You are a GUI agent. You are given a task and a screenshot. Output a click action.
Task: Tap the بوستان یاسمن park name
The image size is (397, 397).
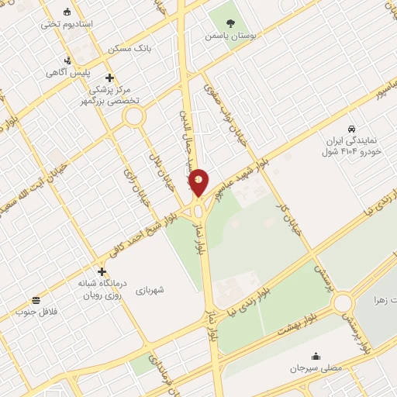click(x=230, y=36)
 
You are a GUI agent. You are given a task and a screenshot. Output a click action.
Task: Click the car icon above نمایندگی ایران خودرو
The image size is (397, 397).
click(x=352, y=128)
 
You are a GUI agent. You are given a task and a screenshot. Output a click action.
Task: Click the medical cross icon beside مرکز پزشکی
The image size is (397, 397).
click(x=109, y=78)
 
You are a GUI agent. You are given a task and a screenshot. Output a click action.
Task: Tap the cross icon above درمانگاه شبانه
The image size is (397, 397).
click(x=102, y=271)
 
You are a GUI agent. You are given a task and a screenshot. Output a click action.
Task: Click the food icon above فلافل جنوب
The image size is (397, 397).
click(x=36, y=300)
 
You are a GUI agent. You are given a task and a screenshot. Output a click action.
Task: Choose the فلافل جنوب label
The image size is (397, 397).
click(x=36, y=312)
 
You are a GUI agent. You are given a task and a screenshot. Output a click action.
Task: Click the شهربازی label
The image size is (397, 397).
click(x=151, y=291)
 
